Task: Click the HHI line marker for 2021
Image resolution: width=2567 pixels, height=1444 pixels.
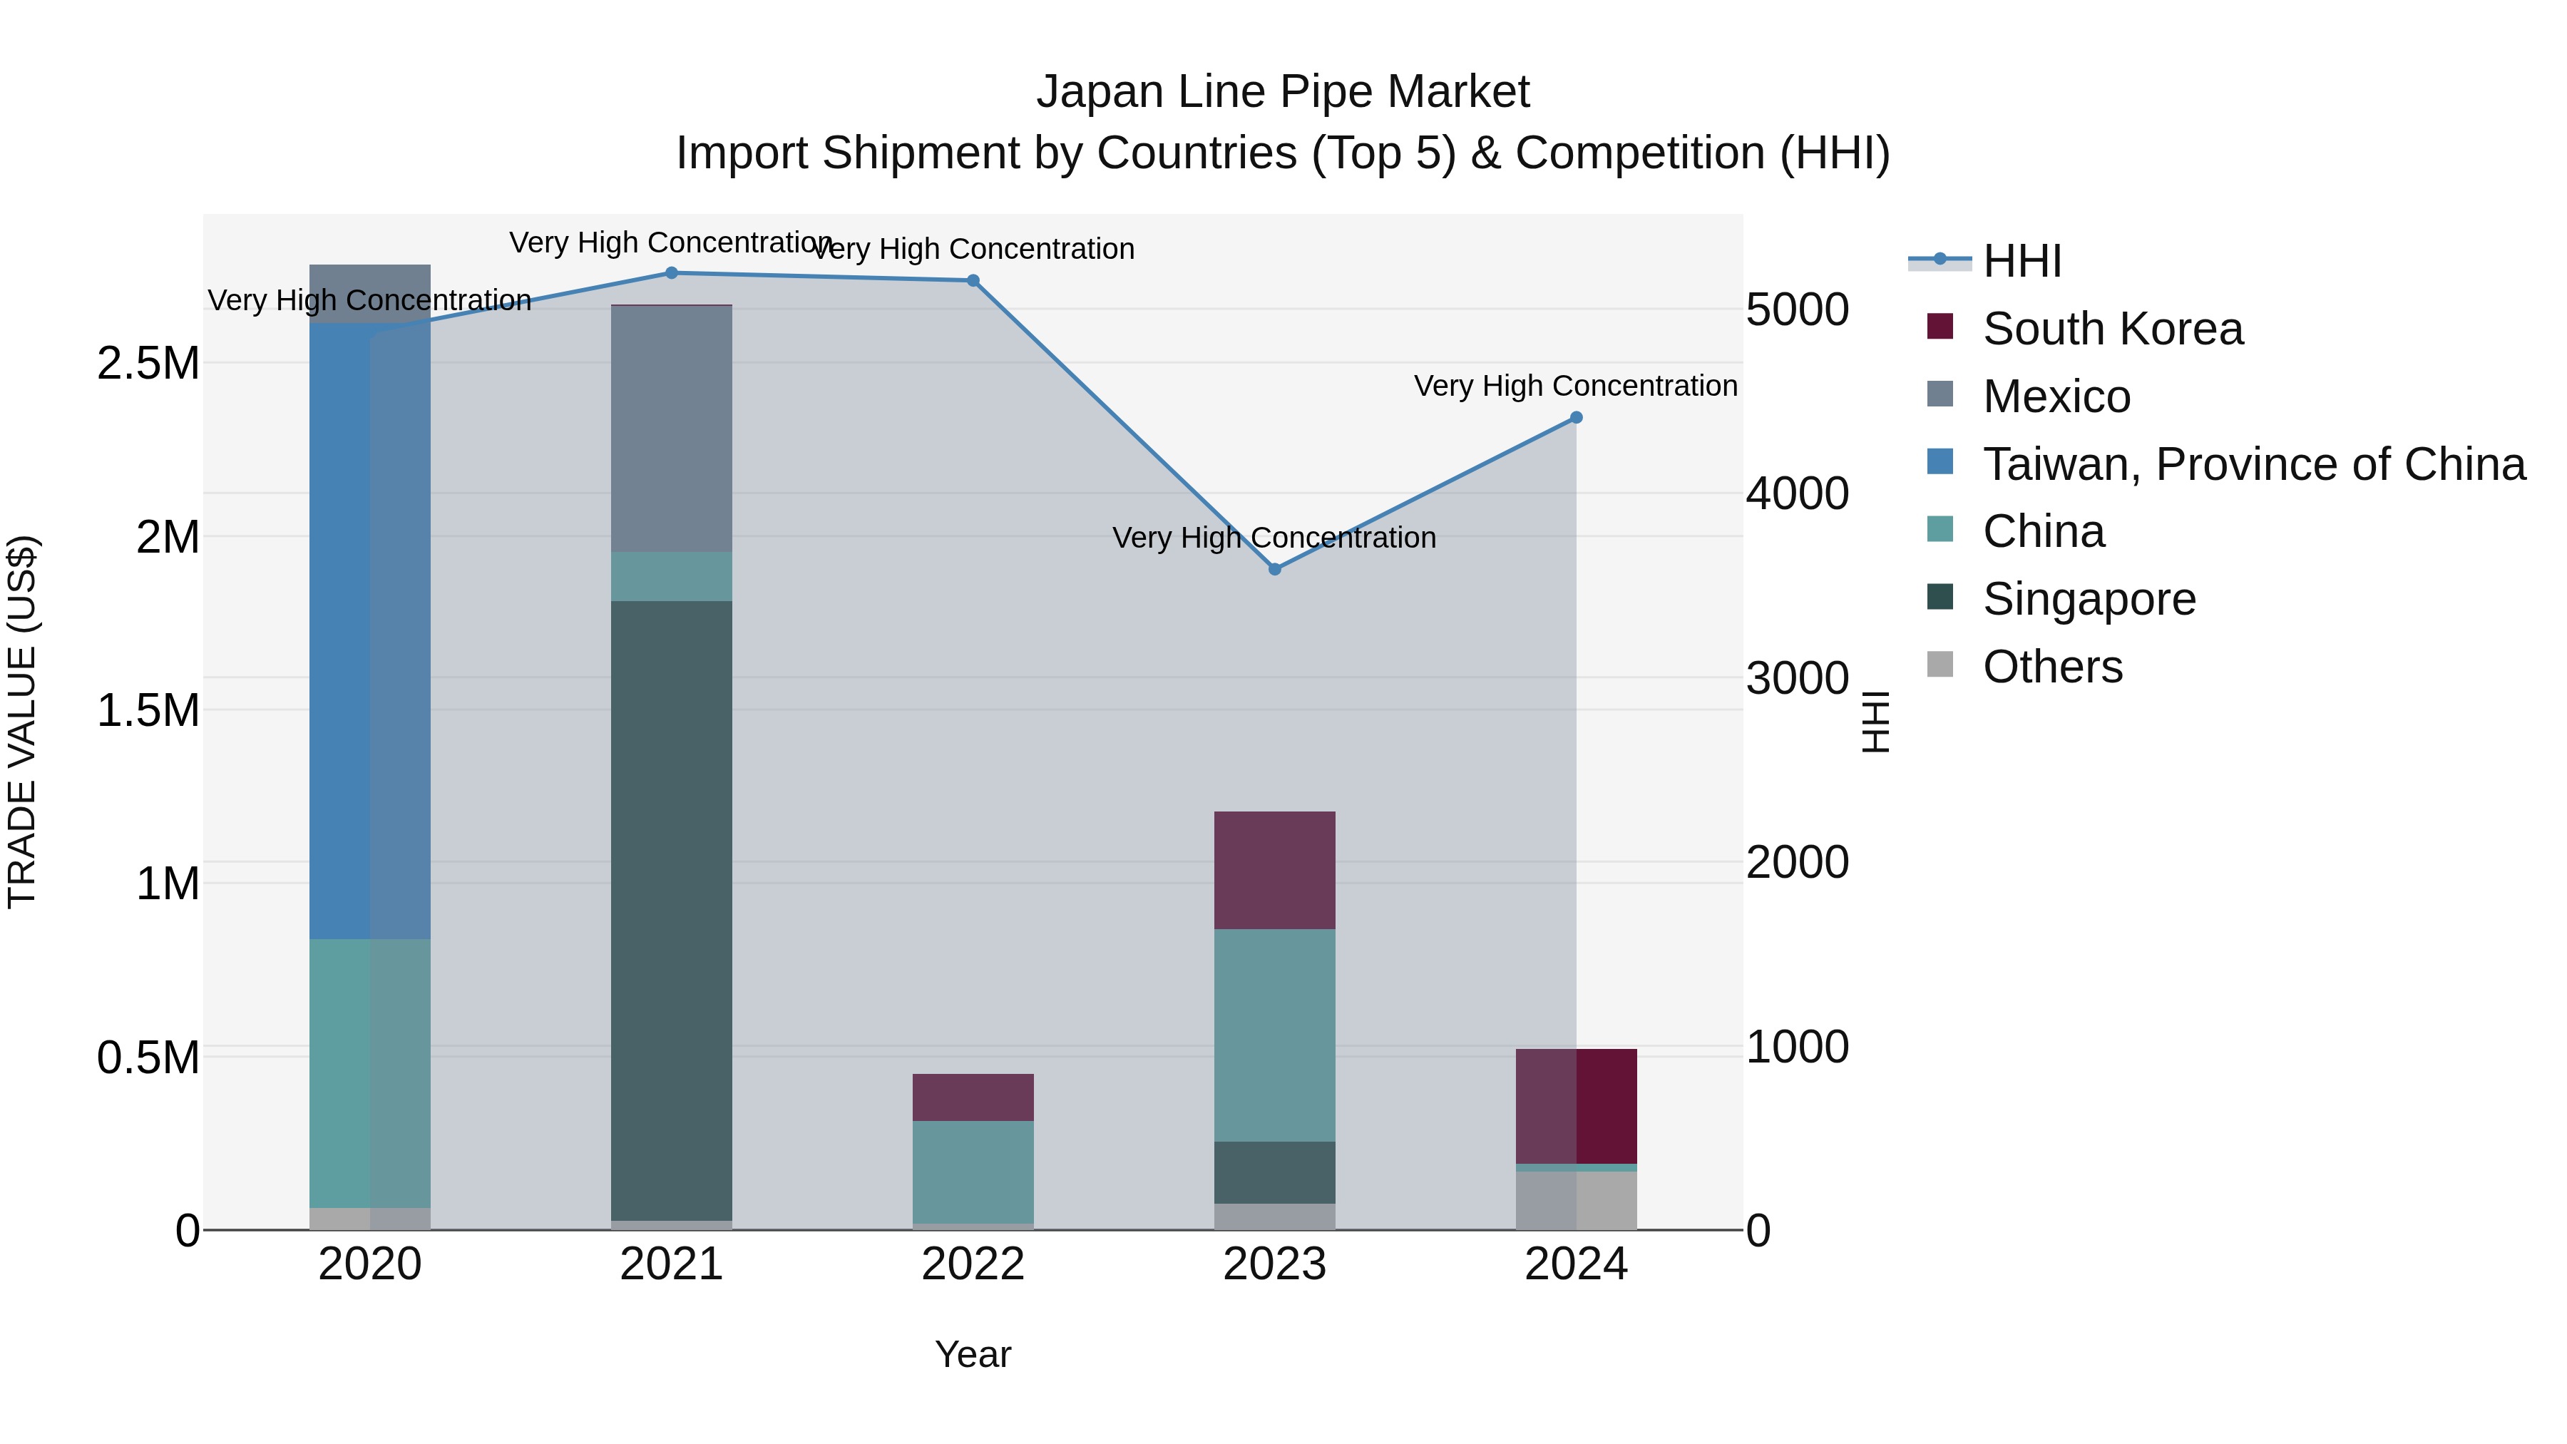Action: coord(671,273)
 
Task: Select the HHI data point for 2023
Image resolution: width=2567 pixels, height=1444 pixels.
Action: coord(1274,569)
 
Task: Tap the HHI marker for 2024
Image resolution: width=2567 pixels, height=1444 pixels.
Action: coord(1577,418)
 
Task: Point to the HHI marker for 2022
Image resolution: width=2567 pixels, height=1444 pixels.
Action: coord(973,281)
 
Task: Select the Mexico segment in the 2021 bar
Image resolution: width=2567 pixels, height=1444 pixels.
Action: coord(671,429)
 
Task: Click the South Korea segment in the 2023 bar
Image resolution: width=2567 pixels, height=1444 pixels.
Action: coord(1274,870)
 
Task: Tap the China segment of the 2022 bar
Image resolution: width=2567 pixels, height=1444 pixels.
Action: coord(973,1171)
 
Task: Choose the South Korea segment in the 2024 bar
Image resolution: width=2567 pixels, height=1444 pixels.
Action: coord(1577,1106)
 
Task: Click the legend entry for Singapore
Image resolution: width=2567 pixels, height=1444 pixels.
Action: coord(2088,599)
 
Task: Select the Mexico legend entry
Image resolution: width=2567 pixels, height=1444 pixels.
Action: coord(2056,396)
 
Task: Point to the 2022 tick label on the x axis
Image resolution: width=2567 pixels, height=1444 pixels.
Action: coord(973,1264)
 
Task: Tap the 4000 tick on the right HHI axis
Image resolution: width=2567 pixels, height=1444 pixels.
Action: coord(1797,493)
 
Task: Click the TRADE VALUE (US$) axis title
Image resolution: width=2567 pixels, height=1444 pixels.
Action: coord(22,722)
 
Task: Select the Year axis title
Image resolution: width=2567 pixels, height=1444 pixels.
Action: coord(973,1354)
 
